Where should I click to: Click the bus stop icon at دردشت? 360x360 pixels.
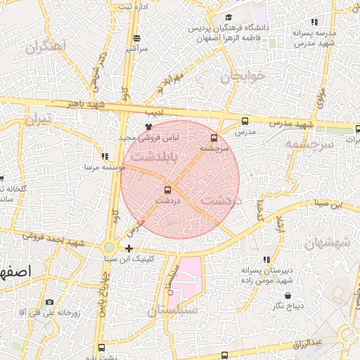pyautogui.click(x=167, y=189)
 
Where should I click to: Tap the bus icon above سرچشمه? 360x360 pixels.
pyautogui.click(x=214, y=138)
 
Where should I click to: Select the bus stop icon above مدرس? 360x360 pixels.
pyautogui.click(x=245, y=122)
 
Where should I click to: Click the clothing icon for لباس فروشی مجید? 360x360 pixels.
pyautogui.click(x=148, y=127)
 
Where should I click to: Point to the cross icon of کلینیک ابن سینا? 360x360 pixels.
pyautogui.click(x=129, y=248)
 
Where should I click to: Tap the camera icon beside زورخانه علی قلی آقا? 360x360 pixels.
pyautogui.click(x=49, y=303)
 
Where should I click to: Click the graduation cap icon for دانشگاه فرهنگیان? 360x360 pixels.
pyautogui.click(x=228, y=18)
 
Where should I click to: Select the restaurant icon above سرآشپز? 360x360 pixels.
pyautogui.click(x=136, y=38)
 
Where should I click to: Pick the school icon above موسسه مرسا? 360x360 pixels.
pyautogui.click(x=105, y=157)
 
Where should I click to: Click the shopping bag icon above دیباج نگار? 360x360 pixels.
pyautogui.click(x=287, y=295)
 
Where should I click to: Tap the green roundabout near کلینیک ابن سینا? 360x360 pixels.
pyautogui.click(x=109, y=247)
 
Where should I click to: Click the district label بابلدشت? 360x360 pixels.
pyautogui.click(x=153, y=158)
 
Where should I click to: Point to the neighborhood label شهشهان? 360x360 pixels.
pyautogui.click(x=328, y=244)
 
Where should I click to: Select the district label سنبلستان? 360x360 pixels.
pyautogui.click(x=173, y=309)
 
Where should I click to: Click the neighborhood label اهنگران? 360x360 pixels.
pyautogui.click(x=44, y=48)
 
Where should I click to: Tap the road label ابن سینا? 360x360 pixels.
pyautogui.click(x=330, y=205)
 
